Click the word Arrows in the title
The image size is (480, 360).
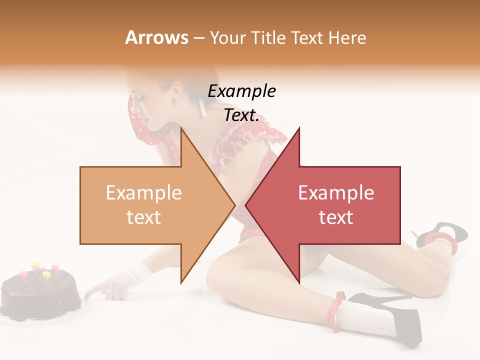(157, 37)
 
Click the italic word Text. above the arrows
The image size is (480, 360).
(241, 115)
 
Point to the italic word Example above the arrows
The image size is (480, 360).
(241, 91)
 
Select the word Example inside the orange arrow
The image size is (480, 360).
(144, 193)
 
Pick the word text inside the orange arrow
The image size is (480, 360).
(144, 217)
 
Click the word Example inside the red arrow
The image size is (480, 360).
(336, 193)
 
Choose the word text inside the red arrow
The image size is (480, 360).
(336, 217)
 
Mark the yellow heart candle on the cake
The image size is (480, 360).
(35, 266)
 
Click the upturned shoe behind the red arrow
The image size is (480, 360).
(440, 233)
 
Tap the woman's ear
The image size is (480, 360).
(176, 90)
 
